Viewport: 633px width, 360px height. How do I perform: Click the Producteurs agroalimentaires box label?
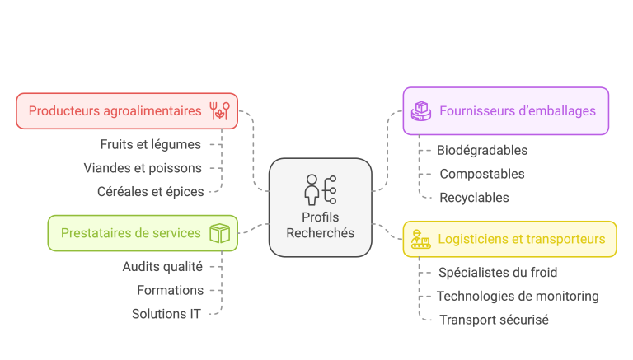(115, 111)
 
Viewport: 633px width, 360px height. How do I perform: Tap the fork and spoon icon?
(219, 111)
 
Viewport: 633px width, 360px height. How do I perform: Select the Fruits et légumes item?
(151, 144)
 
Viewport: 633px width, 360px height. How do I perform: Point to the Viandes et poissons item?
(143, 168)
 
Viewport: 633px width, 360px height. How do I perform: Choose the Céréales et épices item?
(150, 192)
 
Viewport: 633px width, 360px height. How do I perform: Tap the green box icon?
(218, 233)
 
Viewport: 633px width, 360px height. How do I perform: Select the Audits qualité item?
(162, 266)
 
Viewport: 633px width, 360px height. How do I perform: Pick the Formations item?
(171, 290)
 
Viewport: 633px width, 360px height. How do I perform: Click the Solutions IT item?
(166, 314)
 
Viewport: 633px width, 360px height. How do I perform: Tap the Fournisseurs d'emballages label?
(518, 111)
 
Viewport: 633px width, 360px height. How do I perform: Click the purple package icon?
(421, 111)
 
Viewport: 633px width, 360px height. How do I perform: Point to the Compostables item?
(482, 174)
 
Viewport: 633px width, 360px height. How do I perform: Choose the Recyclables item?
(474, 198)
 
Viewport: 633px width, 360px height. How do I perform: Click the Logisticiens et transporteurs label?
(522, 240)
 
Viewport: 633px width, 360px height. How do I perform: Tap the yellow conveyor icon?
(420, 240)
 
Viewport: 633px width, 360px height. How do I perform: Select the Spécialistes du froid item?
(498, 273)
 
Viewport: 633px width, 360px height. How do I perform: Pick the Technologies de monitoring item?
(518, 297)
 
